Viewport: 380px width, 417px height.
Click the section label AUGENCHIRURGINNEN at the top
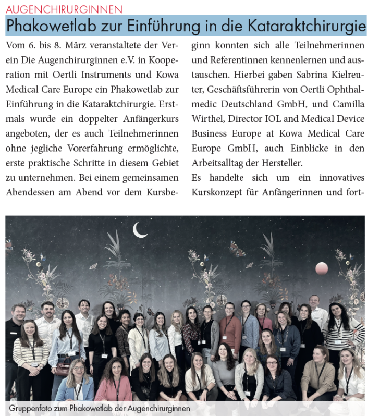pos(64,9)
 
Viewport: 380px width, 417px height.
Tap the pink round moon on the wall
pos(322,268)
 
